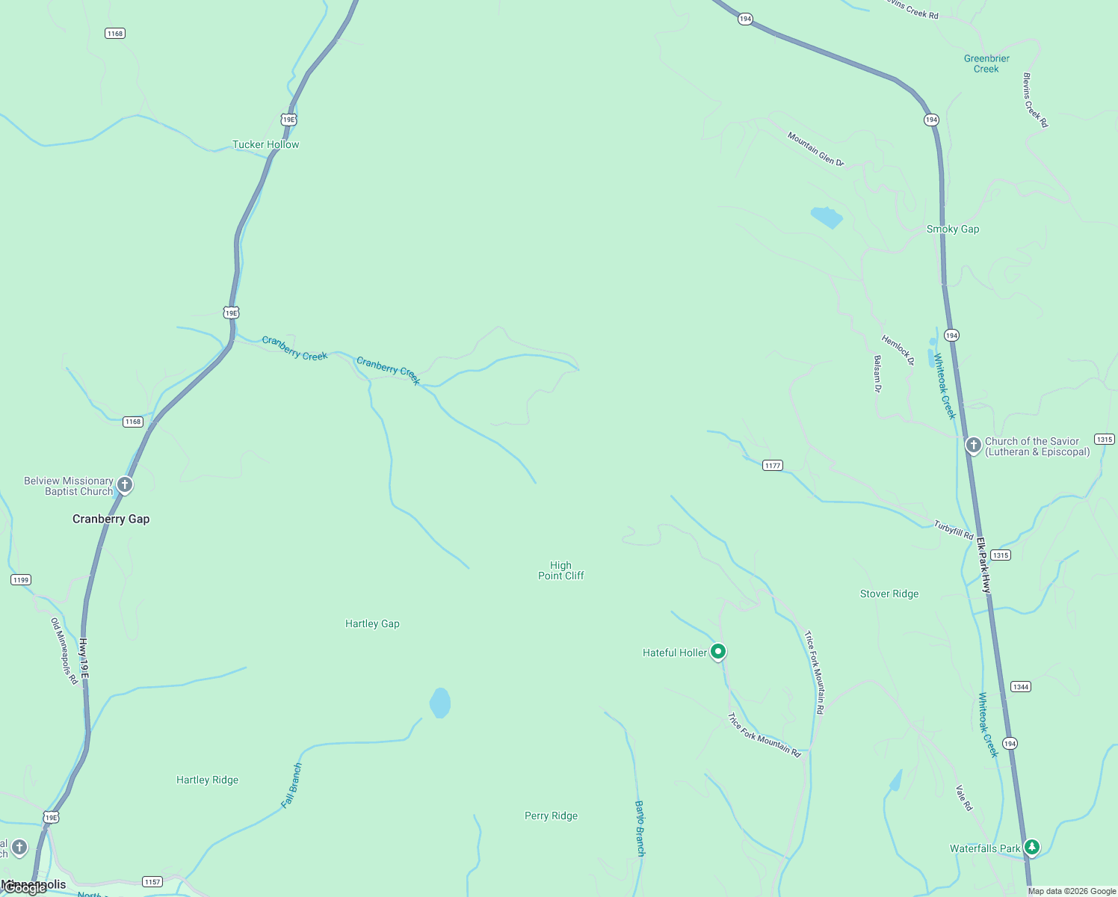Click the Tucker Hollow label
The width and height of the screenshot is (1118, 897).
265,144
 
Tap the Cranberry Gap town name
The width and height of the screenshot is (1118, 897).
111,519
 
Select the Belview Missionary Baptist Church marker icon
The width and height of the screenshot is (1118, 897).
125,485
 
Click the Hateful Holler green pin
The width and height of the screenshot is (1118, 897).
717,652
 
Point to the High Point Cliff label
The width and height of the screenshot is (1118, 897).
560,570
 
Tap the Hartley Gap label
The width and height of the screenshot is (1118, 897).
372,623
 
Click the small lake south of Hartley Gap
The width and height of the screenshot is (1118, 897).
440,703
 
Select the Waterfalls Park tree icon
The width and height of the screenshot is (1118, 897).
1032,847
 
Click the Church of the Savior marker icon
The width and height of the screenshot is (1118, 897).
973,446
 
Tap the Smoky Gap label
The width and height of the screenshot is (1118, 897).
952,229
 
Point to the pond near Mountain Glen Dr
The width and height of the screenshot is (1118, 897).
826,217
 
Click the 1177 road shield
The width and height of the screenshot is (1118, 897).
772,466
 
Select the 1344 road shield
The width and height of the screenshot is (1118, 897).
1020,686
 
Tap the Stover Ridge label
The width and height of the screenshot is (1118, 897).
889,594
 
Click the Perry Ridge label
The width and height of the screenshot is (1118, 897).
551,816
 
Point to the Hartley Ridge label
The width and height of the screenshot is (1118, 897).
207,780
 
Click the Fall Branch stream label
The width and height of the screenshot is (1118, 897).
291,786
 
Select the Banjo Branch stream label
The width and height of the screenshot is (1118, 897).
640,828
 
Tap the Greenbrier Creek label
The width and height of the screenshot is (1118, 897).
986,64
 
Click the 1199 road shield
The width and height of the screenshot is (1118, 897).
21,580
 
